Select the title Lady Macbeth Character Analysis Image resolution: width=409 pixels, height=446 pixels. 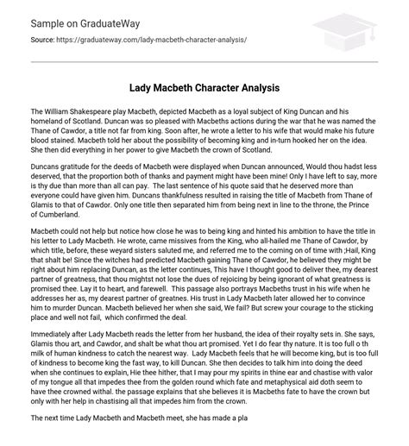coord(204,89)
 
